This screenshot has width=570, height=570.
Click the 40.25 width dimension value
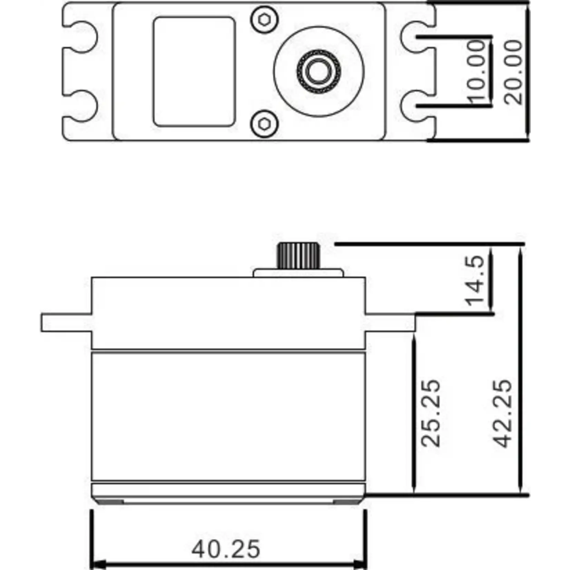(226, 549)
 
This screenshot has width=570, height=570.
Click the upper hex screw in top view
(264, 20)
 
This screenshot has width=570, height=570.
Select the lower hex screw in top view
(264, 123)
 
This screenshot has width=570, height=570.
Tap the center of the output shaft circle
(318, 71)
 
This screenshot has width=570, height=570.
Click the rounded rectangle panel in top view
(194, 71)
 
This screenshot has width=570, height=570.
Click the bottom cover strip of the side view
(228, 491)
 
